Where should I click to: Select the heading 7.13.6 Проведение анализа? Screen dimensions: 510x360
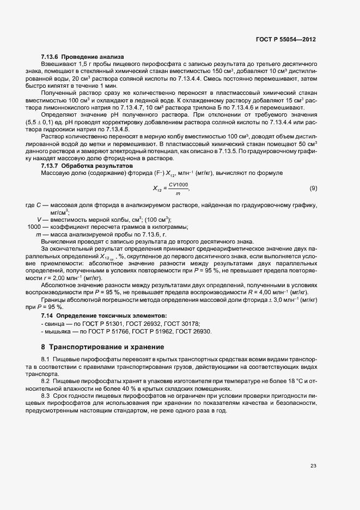[83, 57]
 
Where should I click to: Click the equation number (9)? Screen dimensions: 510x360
[313, 189]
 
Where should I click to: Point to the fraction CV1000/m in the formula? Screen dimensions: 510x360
[178, 189]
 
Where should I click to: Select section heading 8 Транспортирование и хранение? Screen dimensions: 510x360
[102, 347]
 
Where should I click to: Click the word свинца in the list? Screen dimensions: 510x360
[54, 324]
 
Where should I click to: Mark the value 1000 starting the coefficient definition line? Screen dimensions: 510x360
[34, 227]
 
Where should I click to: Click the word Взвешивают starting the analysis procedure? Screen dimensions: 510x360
[57, 64]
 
